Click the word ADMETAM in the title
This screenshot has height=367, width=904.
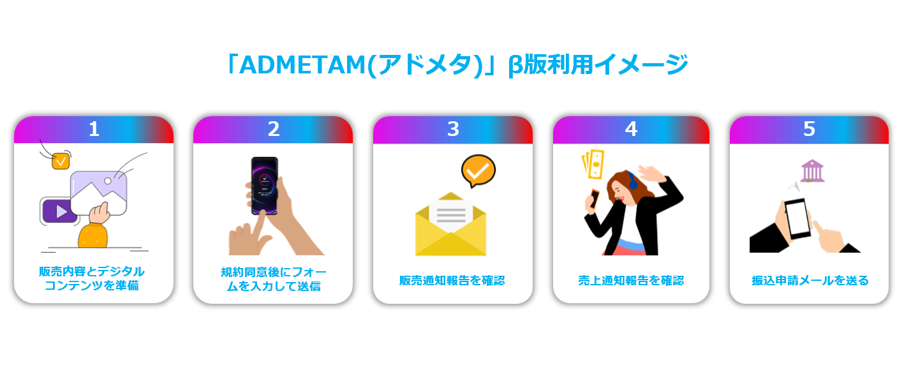[302, 64]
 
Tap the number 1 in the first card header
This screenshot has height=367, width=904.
[94, 129]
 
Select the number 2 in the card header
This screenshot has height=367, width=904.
[274, 129]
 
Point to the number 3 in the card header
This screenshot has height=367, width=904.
[453, 129]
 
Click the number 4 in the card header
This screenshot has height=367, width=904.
[631, 129]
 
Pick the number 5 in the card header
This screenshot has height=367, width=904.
[809, 129]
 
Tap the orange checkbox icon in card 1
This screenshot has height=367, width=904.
[61, 161]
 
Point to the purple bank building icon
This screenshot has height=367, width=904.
[812, 171]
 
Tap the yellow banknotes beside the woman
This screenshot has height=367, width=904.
[593, 164]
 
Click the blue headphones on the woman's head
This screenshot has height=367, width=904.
[632, 181]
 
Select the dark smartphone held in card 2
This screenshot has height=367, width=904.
[264, 186]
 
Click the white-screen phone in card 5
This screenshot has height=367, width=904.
[797, 218]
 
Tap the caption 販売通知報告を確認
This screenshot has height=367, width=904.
[452, 281]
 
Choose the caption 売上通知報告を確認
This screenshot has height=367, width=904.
[631, 281]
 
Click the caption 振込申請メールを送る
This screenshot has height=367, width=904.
[810, 281]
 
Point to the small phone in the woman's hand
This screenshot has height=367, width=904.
[595, 198]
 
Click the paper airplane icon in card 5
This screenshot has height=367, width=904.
[794, 187]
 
